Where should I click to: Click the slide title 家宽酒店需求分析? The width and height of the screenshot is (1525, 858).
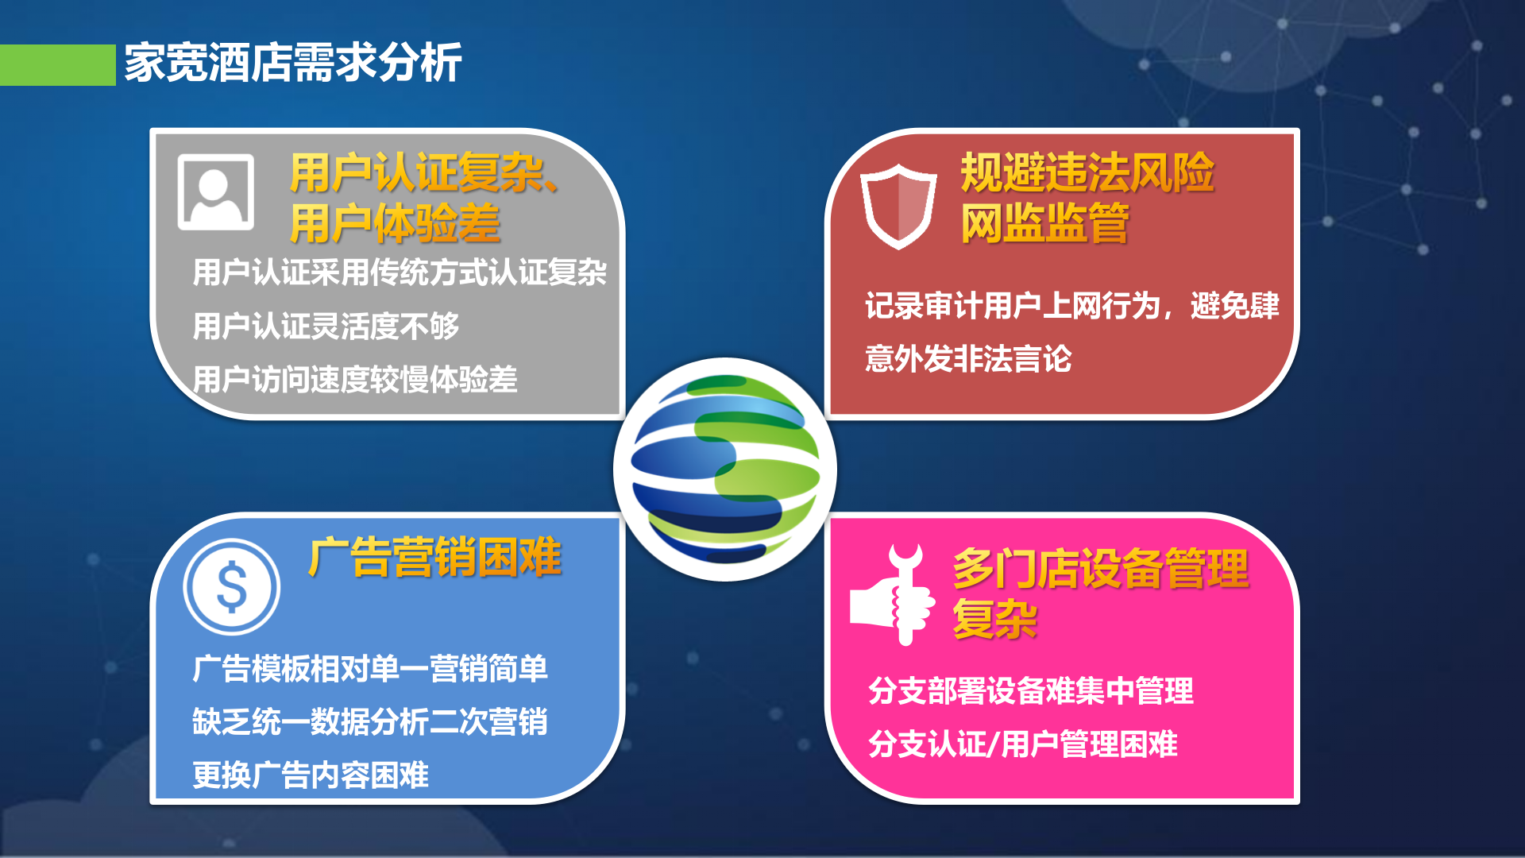292,64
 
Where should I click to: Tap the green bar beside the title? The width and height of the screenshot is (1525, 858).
57,65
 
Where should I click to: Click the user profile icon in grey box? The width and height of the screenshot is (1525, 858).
215,192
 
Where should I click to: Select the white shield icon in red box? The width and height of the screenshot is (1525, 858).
898,207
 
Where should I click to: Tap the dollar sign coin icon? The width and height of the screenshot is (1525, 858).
231,587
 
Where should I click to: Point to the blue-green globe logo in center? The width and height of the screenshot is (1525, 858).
724,470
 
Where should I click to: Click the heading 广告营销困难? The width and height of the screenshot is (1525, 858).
434,558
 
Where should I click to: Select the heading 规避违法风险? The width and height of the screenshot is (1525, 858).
1087,173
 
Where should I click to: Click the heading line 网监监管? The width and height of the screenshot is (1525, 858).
1044,223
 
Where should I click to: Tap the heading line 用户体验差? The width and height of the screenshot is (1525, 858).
395,223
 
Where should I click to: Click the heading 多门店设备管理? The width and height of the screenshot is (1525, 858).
1100,569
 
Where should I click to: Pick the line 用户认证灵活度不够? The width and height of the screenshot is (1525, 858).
326,326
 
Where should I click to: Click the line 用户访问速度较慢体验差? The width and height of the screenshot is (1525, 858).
354,379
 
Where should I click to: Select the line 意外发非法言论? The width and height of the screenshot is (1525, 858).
967,358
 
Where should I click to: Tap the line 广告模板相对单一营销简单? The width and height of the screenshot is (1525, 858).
369,668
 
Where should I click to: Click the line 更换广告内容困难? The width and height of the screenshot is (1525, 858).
310,775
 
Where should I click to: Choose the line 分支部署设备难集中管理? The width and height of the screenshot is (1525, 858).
1030,690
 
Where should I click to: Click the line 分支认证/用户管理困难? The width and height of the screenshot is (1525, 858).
1022,744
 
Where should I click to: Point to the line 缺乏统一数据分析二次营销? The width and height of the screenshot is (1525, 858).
369,721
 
